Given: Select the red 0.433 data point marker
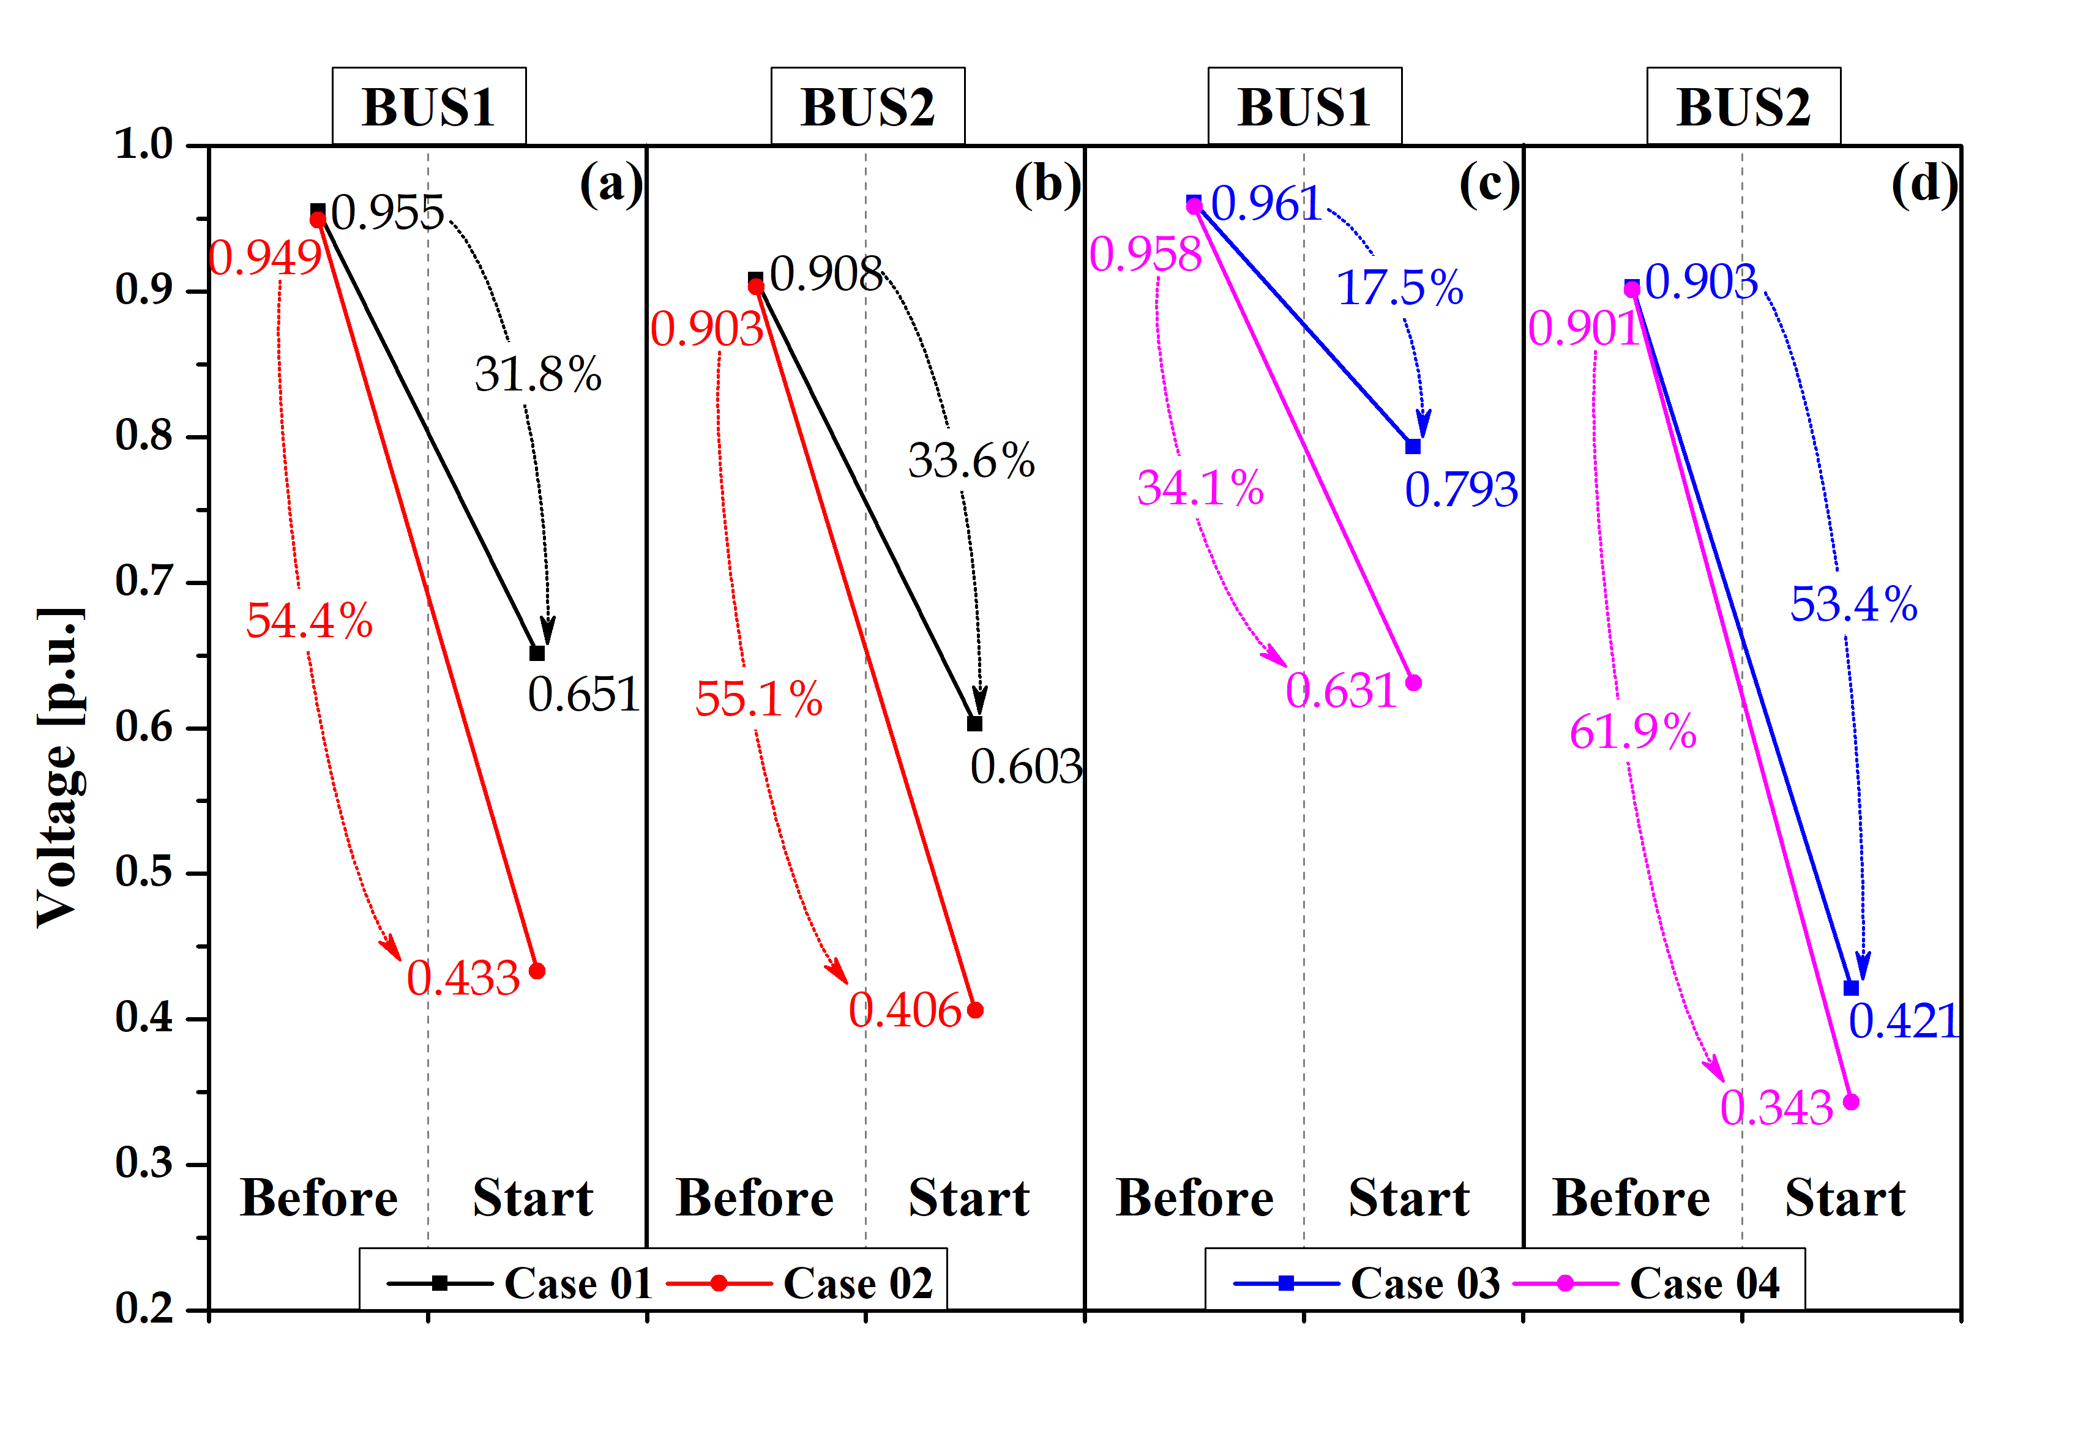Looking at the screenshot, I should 537,971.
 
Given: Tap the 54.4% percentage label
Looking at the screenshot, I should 309,621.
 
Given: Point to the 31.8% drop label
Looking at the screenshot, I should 538,374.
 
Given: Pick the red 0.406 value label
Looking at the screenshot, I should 904,1011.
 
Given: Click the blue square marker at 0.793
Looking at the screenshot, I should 1413,447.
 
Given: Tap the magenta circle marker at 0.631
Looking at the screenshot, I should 1414,683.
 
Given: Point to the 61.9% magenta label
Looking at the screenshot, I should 1632,732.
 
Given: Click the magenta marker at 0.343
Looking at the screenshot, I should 1852,1102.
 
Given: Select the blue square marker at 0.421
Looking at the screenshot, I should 1852,988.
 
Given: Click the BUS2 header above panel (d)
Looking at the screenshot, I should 1743,107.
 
